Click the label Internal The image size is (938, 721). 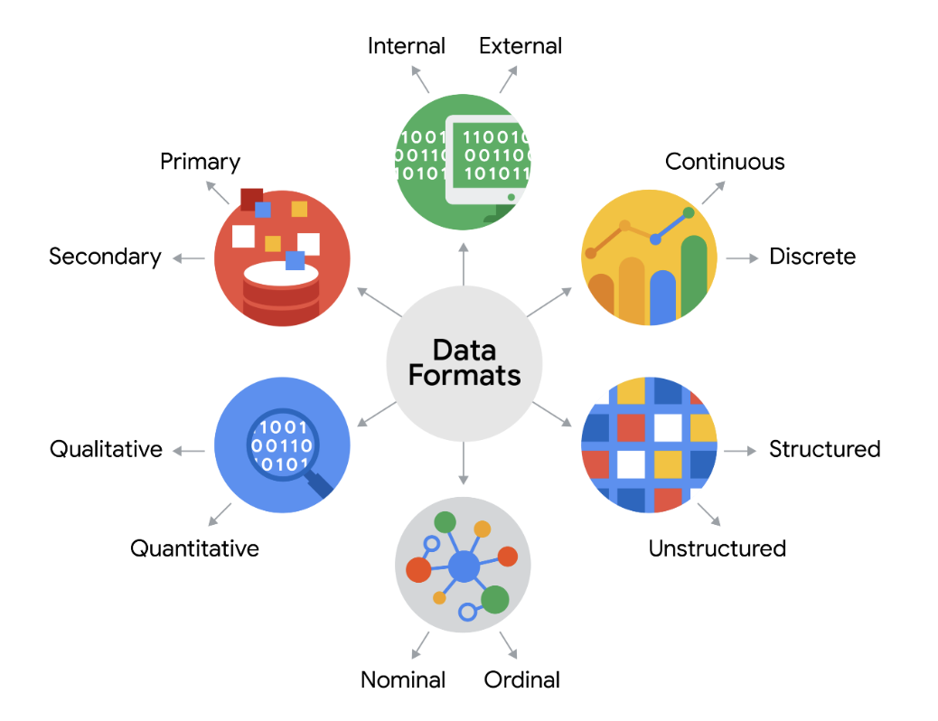click(x=406, y=46)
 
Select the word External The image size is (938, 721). click(x=521, y=46)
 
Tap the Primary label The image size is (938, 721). click(x=200, y=162)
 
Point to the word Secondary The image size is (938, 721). click(x=105, y=257)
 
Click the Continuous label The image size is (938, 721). click(x=725, y=162)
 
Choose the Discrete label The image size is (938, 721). click(x=811, y=257)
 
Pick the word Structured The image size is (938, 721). click(x=824, y=449)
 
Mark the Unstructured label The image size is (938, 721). click(x=717, y=548)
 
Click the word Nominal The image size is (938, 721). click(x=403, y=680)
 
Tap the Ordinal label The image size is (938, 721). click(x=522, y=680)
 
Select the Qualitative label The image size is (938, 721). click(x=106, y=449)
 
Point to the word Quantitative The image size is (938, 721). click(x=194, y=548)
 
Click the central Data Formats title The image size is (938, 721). click(x=464, y=362)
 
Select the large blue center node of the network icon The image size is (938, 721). click(x=464, y=567)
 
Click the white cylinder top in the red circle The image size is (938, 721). click(x=281, y=272)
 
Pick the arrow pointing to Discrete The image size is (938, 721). click(x=742, y=258)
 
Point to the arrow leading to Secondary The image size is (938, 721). click(x=189, y=258)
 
